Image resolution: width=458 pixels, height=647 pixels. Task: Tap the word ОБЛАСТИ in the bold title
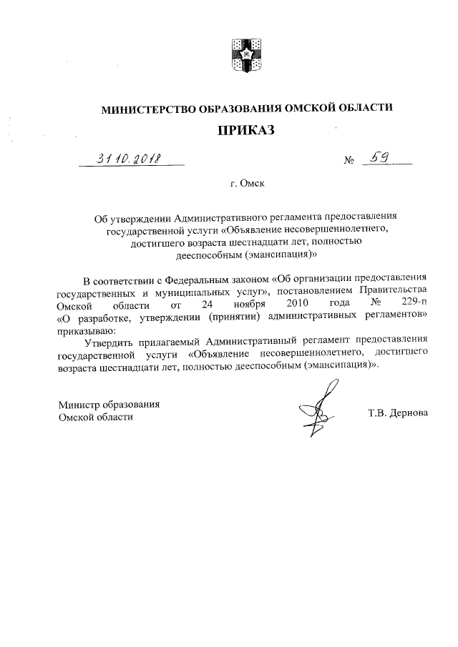pyautogui.click(x=367, y=109)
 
